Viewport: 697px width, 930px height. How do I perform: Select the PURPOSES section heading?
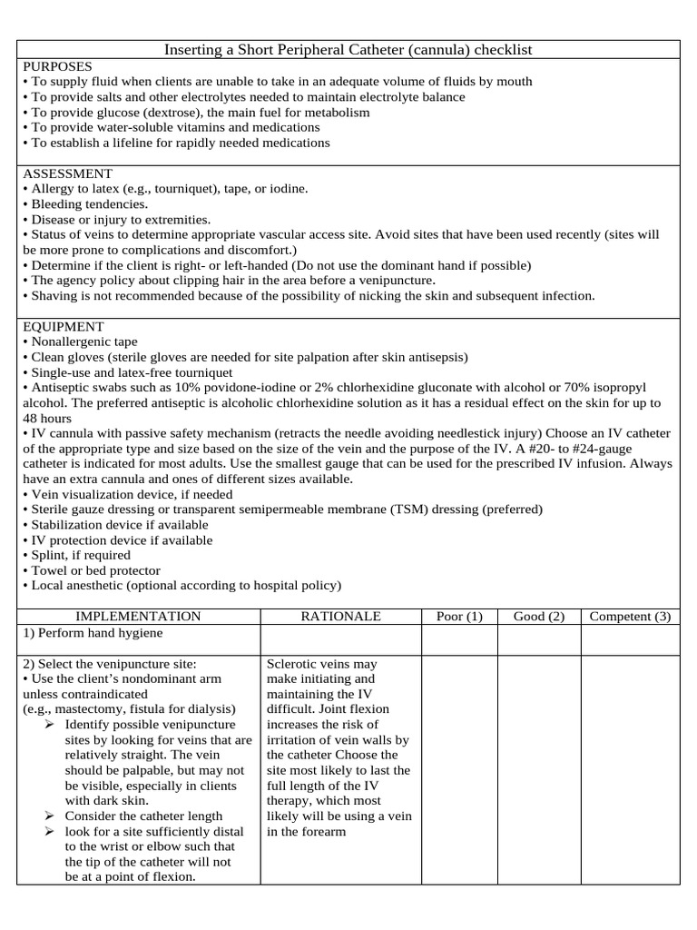tap(57, 66)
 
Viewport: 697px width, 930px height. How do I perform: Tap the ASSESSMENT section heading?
tap(67, 173)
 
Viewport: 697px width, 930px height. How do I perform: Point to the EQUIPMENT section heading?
tap(64, 326)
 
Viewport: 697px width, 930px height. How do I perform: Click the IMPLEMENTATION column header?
tap(138, 616)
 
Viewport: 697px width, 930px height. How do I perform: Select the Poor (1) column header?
tap(459, 616)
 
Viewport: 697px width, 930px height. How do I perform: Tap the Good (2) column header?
tap(539, 616)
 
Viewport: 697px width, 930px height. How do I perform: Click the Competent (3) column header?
tap(630, 616)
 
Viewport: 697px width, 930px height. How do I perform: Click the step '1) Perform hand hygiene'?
tap(93, 633)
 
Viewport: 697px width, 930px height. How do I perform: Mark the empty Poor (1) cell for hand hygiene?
tap(460, 639)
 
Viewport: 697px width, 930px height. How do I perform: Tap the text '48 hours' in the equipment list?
tap(47, 418)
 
